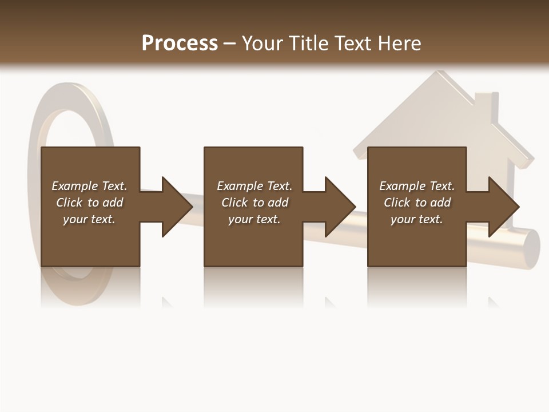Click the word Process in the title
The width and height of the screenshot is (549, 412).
pyautogui.click(x=180, y=43)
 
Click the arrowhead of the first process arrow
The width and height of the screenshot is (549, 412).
pyautogui.click(x=178, y=207)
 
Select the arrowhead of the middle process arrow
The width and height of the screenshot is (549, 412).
pyautogui.click(x=341, y=207)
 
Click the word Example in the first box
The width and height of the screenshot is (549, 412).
pyautogui.click(x=75, y=186)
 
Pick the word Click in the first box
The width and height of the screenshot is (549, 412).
pyautogui.click(x=70, y=203)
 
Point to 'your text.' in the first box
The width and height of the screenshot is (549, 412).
pyautogui.click(x=89, y=219)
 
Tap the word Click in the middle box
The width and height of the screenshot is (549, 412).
pyautogui.click(x=235, y=203)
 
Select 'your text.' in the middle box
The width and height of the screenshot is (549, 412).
pyautogui.click(x=254, y=219)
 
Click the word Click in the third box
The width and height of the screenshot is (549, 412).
pyautogui.click(x=397, y=203)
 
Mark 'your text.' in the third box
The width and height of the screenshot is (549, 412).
pyautogui.click(x=417, y=219)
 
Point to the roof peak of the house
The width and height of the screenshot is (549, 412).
pyautogui.click(x=439, y=74)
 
